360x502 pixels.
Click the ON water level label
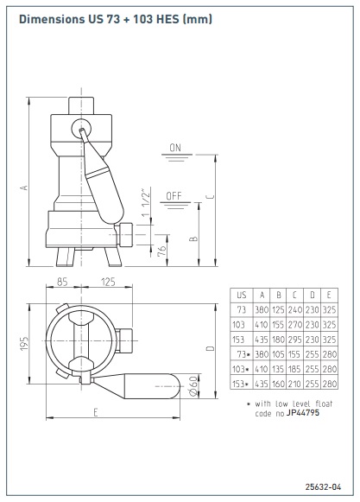click(175, 148)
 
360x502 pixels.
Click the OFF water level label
click(174, 196)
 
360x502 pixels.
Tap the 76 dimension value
click(162, 251)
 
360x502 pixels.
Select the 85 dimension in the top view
click(62, 282)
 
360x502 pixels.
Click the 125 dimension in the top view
click(108, 282)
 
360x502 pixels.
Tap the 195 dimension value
click(24, 343)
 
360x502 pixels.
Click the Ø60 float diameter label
click(193, 386)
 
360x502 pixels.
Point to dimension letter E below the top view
click(95, 412)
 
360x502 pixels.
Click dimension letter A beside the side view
click(24, 187)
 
